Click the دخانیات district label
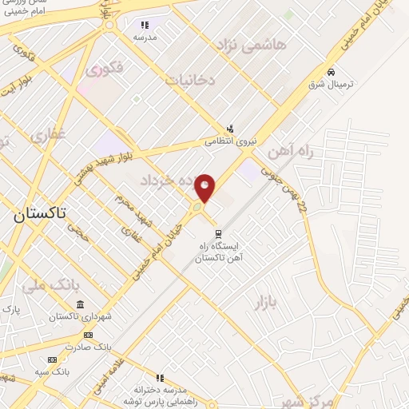click(189, 80)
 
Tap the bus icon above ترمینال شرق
click(330, 72)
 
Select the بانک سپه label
click(54, 372)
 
